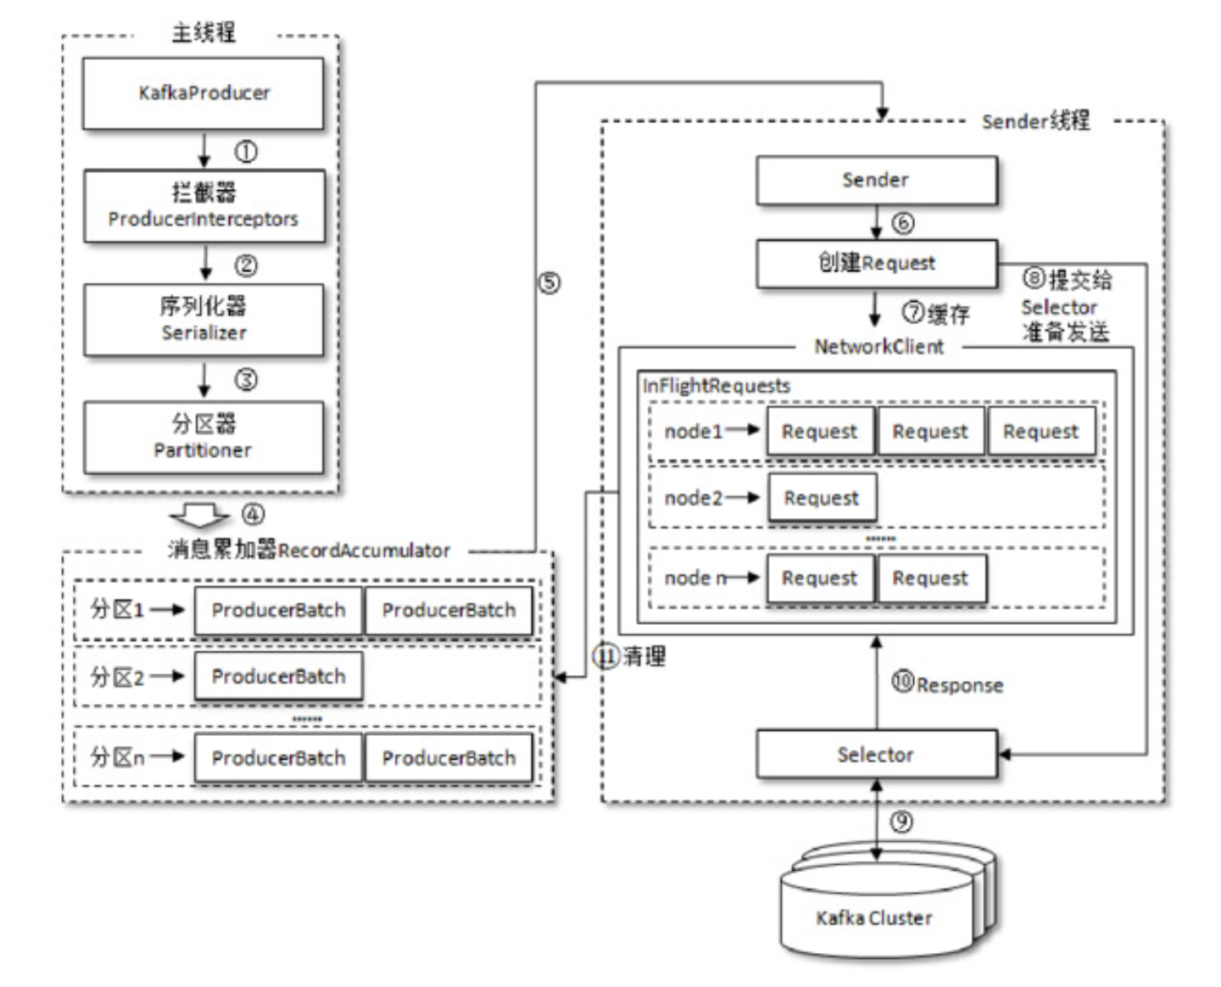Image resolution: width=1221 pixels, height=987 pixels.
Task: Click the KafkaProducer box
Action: pyautogui.click(x=203, y=93)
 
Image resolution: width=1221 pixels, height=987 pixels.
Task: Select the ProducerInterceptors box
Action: pyautogui.click(x=203, y=206)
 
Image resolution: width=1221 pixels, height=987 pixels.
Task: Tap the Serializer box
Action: pyautogui.click(x=203, y=320)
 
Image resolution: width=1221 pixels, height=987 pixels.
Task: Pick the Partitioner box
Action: pyautogui.click(x=203, y=438)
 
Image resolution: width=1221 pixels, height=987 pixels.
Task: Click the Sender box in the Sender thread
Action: pyautogui.click(x=876, y=180)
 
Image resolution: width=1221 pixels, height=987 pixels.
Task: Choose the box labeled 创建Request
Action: pyautogui.click(x=876, y=263)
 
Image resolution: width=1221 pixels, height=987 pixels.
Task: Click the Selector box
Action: pyautogui.click(x=876, y=755)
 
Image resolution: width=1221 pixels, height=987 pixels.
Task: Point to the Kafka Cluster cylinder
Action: pyautogui.click(x=876, y=916)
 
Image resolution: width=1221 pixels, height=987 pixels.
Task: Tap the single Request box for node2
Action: pyautogui.click(x=822, y=498)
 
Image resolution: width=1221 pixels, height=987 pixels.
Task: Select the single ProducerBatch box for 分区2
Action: pyautogui.click(x=278, y=677)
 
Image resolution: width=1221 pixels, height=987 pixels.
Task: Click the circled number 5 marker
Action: pyautogui.click(x=549, y=283)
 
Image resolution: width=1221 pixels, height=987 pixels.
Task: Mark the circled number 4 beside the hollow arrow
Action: pyautogui.click(x=253, y=514)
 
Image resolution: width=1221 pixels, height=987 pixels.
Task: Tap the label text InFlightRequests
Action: pyautogui.click(x=716, y=386)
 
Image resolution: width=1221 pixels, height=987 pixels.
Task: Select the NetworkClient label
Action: pyautogui.click(x=878, y=347)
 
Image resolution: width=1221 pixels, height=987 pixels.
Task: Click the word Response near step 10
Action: pyautogui.click(x=959, y=685)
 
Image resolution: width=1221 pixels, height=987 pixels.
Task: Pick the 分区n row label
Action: pyautogui.click(x=117, y=756)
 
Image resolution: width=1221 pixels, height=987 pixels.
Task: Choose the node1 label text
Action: pyautogui.click(x=693, y=432)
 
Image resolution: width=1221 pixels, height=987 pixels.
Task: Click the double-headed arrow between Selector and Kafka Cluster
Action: pyautogui.click(x=877, y=822)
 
